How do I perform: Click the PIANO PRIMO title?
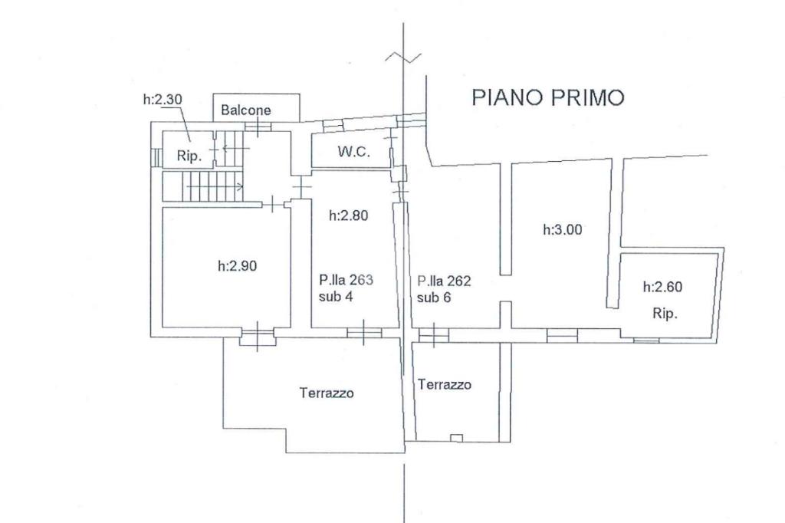point(548,97)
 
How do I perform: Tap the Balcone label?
point(246,110)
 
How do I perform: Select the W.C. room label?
point(354,151)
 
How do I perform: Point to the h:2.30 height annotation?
point(163,99)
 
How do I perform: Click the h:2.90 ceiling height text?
point(238,265)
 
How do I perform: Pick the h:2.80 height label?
point(349,215)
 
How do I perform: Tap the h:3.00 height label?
point(563,229)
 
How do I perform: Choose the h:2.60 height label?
point(663,287)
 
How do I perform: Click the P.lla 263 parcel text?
point(347,280)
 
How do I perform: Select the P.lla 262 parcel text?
point(444,281)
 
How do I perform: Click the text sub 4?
point(336,297)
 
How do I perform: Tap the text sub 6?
point(434,298)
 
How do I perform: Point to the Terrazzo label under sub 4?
point(327,393)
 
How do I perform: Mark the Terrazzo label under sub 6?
point(445,385)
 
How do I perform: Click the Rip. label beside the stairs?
point(189,156)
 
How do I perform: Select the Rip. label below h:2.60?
point(665,314)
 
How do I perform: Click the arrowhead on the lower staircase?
point(240,187)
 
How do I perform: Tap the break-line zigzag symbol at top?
point(403,57)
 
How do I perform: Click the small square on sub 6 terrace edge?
point(456,438)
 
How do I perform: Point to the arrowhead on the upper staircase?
point(225,148)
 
